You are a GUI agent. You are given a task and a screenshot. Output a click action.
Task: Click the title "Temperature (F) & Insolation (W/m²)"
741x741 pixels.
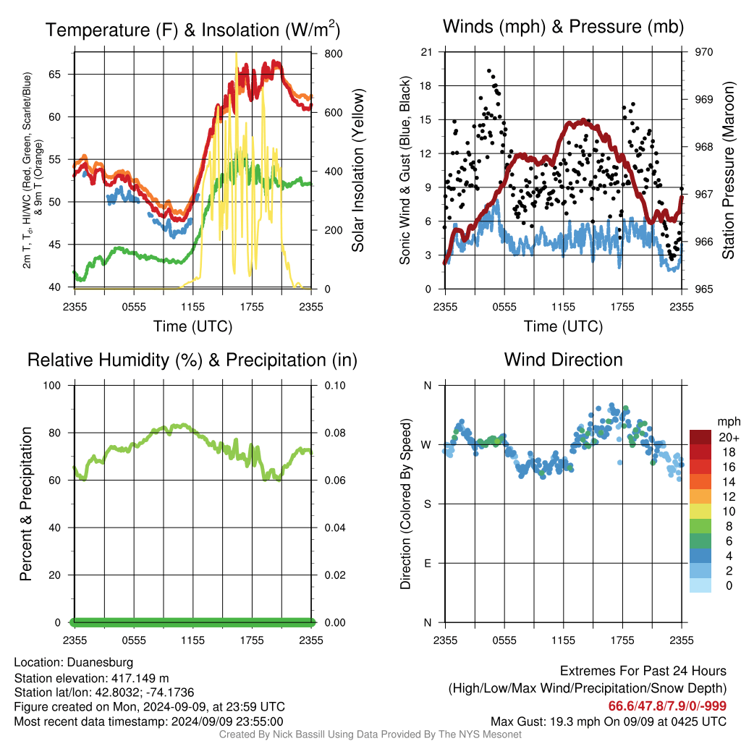(192, 29)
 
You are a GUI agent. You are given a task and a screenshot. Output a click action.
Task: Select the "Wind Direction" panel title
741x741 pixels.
(563, 360)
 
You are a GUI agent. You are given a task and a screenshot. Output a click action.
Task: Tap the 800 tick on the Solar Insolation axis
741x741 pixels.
(334, 54)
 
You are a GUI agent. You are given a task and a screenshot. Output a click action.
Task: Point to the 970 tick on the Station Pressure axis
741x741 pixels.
(703, 52)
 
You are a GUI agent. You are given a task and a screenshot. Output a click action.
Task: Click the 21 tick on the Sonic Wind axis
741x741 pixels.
(427, 52)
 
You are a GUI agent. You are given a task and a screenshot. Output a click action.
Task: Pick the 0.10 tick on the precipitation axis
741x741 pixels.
(335, 386)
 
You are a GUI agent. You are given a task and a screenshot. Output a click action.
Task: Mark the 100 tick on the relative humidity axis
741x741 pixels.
(52, 386)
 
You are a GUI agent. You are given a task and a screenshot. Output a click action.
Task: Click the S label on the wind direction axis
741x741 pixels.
(428, 504)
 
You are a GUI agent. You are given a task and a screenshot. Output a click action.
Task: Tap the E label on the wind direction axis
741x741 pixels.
(428, 563)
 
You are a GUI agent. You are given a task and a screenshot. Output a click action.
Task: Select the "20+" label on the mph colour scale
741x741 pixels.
(729, 437)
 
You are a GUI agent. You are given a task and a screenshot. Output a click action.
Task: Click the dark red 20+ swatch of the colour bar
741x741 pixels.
(700, 437)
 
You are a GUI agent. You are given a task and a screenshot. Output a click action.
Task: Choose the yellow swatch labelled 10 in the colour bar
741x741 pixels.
(700, 512)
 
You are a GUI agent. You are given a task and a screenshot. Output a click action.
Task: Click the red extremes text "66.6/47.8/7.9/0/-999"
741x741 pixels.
(667, 706)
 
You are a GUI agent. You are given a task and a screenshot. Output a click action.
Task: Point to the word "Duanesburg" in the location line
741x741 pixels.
(100, 663)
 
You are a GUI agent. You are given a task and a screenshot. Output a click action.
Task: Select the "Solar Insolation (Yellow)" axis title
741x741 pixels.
(358, 170)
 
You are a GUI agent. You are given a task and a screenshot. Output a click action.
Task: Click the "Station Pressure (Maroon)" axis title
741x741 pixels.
(728, 170)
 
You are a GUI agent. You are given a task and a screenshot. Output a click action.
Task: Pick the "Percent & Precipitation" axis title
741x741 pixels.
(26, 504)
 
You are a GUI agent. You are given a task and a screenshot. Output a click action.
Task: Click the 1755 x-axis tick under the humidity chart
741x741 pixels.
(252, 640)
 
